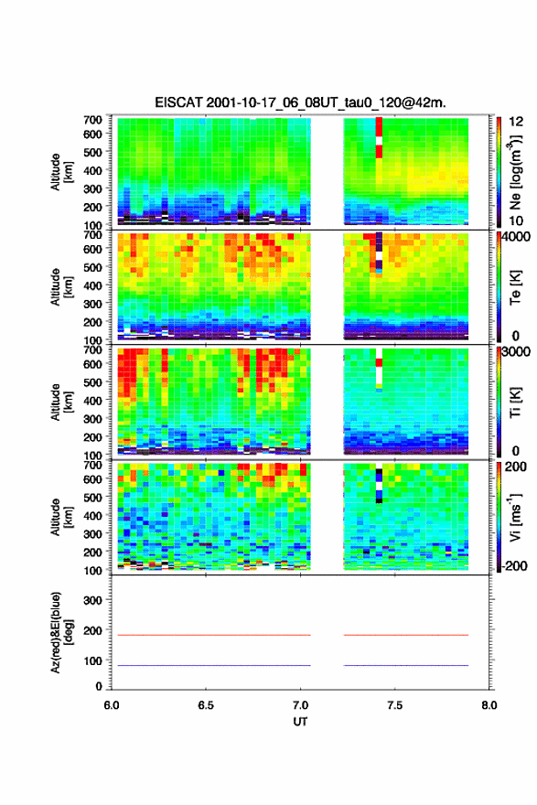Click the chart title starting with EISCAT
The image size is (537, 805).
click(300, 102)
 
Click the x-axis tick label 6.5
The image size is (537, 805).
click(206, 705)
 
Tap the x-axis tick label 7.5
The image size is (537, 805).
click(395, 705)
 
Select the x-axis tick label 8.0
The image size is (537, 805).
click(489, 705)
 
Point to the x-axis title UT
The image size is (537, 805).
click(300, 722)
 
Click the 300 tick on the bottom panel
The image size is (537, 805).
click(92, 600)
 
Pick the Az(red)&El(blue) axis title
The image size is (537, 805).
click(61, 632)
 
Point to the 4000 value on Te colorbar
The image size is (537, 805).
click(519, 237)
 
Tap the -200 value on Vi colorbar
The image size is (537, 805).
click(515, 565)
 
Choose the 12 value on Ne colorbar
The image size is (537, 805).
click(516, 122)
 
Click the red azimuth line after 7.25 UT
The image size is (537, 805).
click(406, 635)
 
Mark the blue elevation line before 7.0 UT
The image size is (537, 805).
click(214, 665)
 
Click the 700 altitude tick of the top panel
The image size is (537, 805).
click(92, 120)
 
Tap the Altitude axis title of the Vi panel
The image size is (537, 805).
click(61, 517)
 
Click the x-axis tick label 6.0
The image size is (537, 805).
click(112, 705)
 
